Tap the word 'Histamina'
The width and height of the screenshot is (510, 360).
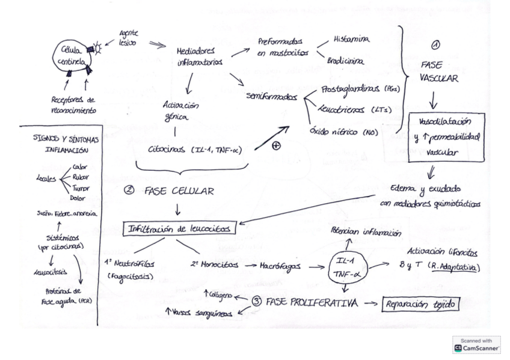pyautogui.click(x=352, y=40)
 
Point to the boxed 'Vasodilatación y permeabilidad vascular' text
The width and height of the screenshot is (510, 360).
pyautogui.click(x=446, y=137)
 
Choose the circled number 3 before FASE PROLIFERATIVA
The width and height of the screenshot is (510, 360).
pyautogui.click(x=257, y=302)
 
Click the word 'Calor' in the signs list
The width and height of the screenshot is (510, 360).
pyautogui.click(x=79, y=166)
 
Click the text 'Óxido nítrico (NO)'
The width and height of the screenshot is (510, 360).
pyautogui.click(x=343, y=131)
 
